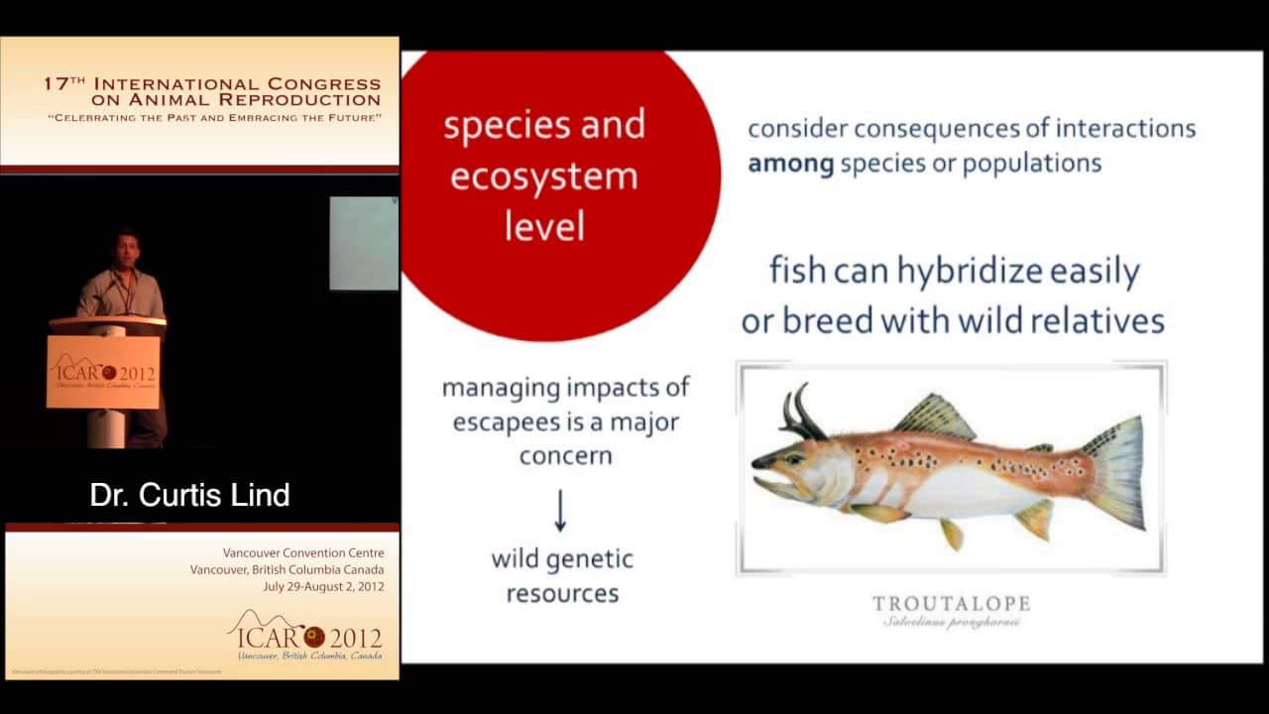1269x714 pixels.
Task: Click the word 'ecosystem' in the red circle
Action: [543, 177]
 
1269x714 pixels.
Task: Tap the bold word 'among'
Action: [790, 164]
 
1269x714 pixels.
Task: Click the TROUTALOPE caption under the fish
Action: [951, 603]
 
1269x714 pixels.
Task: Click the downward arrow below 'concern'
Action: [560, 510]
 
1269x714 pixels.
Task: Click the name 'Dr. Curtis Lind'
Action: [189, 495]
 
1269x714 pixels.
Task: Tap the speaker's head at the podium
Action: [125, 247]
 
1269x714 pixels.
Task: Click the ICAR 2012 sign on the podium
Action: [103, 372]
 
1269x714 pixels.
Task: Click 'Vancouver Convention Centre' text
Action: [303, 552]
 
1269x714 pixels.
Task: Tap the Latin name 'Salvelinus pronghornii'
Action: [951, 623]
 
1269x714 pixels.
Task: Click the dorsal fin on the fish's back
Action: [936, 416]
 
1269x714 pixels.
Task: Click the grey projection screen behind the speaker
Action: [363, 243]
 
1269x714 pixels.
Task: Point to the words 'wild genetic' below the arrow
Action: [562, 558]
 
